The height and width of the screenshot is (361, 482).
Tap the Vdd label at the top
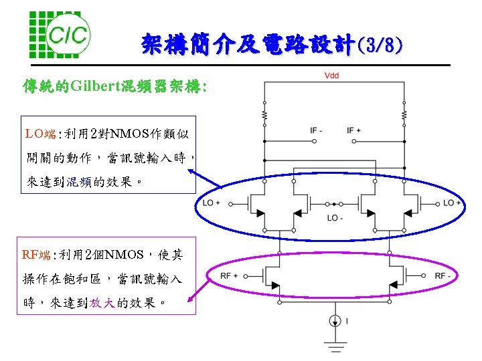pos(331,76)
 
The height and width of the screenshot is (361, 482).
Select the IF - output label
pos(316,130)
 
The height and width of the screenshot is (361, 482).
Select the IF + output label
pos(354,130)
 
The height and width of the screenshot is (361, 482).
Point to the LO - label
pos(335,217)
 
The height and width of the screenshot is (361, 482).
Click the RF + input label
pos(230,275)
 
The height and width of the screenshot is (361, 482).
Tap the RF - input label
pos(443,275)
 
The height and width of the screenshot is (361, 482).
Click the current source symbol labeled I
pos(334,322)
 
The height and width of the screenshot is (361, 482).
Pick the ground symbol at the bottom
pos(334,347)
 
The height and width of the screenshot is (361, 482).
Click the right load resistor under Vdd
pos(404,117)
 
